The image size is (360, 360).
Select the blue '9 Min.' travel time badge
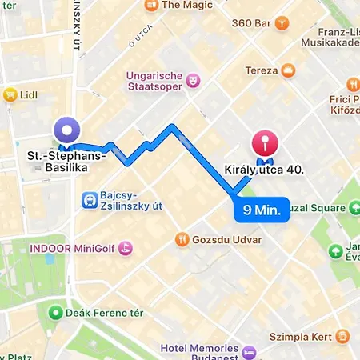(x=261, y=211)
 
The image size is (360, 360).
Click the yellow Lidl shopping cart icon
(x=10, y=94)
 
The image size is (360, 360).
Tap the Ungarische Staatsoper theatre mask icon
(x=192, y=80)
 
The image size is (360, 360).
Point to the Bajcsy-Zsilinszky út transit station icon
(x=90, y=199)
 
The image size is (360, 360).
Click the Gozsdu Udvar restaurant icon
(x=183, y=238)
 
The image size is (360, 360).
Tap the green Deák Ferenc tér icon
(x=56, y=310)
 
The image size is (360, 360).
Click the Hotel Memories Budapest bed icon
(x=249, y=351)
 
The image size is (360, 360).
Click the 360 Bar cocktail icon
(x=281, y=23)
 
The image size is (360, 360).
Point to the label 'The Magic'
(x=186, y=6)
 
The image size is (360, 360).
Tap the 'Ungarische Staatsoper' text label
(x=154, y=82)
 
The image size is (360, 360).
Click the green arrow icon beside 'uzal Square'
(x=354, y=208)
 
